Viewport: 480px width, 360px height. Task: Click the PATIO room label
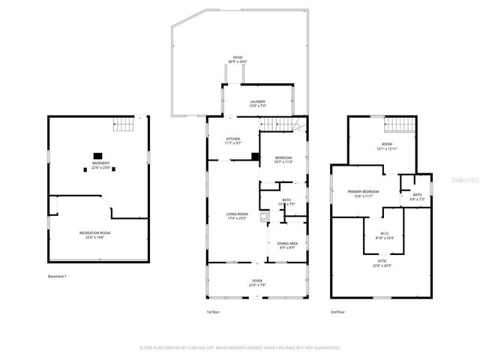click(x=237, y=59)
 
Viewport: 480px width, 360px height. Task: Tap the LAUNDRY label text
click(x=257, y=103)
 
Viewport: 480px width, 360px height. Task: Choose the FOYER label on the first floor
click(x=257, y=283)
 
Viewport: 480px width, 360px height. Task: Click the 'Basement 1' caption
click(x=57, y=277)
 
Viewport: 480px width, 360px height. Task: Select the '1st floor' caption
click(x=214, y=311)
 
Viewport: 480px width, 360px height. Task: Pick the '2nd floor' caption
click(x=337, y=311)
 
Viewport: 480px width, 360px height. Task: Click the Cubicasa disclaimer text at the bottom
click(x=240, y=348)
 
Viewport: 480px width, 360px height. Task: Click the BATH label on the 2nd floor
click(x=417, y=196)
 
